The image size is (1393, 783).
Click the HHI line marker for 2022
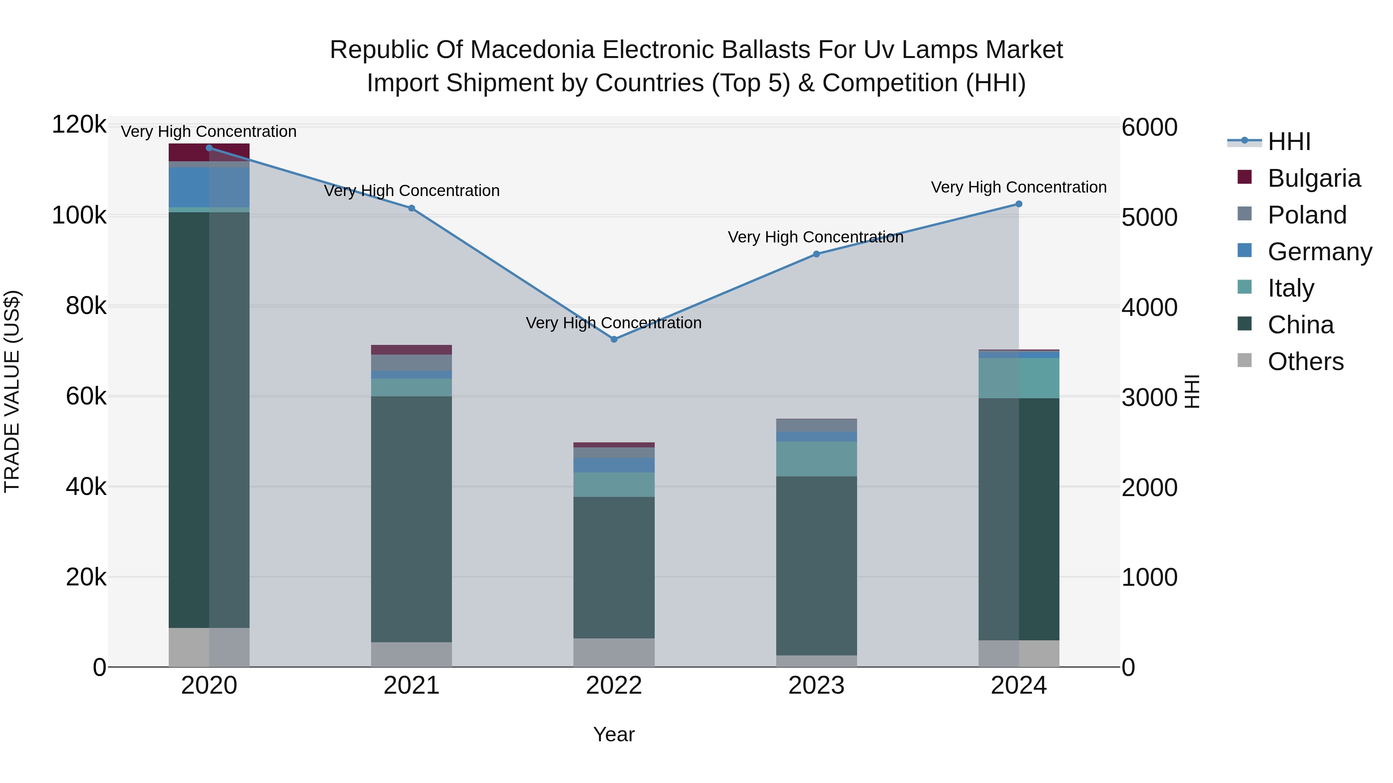(x=614, y=339)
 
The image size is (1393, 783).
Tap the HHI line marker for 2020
(x=209, y=148)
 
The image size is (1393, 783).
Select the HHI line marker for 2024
(x=1019, y=204)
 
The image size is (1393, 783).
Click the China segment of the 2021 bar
(x=412, y=519)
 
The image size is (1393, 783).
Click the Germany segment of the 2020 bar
(x=209, y=187)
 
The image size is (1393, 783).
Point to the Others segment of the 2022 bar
(x=614, y=652)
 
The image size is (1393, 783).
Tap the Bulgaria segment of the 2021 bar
(x=412, y=350)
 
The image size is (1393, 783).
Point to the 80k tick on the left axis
(x=86, y=306)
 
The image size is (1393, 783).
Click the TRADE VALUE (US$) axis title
(x=12, y=391)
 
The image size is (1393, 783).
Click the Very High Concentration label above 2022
(x=614, y=323)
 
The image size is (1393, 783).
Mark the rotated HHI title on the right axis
(x=1191, y=391)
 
